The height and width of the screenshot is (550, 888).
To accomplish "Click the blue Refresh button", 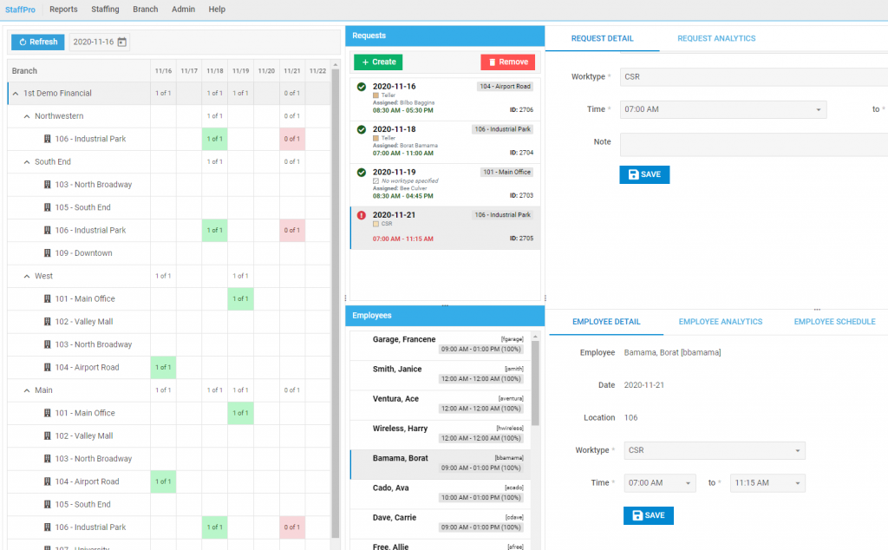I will pyautogui.click(x=38, y=42).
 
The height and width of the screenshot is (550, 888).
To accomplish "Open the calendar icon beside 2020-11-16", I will pyautogui.click(x=122, y=42).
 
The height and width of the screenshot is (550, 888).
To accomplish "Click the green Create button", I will pyautogui.click(x=378, y=62).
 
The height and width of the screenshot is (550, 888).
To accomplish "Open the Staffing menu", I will pyautogui.click(x=105, y=10).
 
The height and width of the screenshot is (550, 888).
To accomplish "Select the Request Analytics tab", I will pyautogui.click(x=716, y=38).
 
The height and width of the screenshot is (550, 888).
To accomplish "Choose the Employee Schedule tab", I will pyautogui.click(x=834, y=322).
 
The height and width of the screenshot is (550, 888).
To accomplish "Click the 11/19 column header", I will pyautogui.click(x=241, y=71).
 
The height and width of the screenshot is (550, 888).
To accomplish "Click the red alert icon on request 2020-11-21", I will pyautogui.click(x=361, y=216).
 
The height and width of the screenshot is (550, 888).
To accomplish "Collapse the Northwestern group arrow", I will pyautogui.click(x=27, y=116).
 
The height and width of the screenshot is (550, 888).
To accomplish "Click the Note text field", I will pyautogui.click(x=753, y=144).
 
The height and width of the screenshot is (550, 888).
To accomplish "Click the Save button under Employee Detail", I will pyautogui.click(x=648, y=515).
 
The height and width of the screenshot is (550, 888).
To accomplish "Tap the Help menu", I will pyautogui.click(x=217, y=10).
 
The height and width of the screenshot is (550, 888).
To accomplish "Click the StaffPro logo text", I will pyautogui.click(x=20, y=10).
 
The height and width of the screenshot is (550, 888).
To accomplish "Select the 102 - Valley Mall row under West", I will pyautogui.click(x=84, y=322).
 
